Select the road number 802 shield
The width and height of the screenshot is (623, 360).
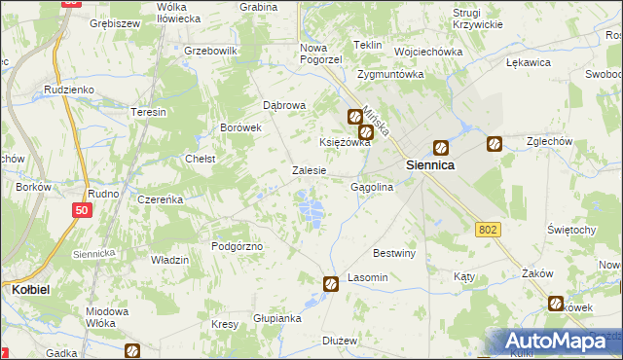coord(489,229)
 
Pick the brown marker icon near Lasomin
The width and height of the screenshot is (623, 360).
coord(331,283)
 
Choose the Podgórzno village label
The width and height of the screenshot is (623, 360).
coord(238,247)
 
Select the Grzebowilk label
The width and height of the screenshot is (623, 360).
coord(211,50)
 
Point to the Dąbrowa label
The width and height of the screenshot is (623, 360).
coord(285,105)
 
